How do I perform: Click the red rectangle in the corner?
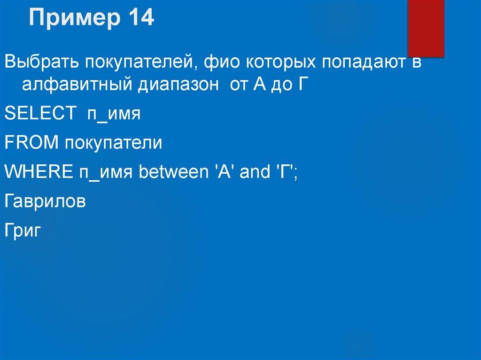(426, 29)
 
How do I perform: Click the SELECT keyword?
(40, 114)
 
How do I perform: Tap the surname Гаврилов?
(45, 201)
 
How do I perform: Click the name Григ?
(24, 230)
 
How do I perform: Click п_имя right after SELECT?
(113, 114)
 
